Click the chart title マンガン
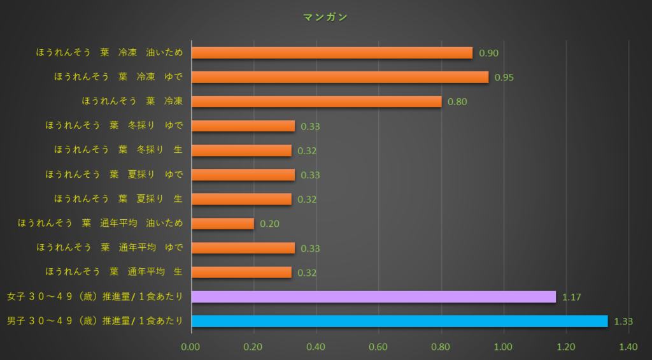[325, 17]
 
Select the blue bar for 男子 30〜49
[399, 321]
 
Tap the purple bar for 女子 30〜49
[373, 297]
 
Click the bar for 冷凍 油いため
[332, 53]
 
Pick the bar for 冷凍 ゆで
[340, 77]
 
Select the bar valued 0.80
[316, 101]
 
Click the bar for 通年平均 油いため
[223, 224]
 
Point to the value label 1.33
[623, 322]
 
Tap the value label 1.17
[571, 298]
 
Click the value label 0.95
[504, 78]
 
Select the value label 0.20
[269, 224]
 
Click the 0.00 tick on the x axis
[191, 347]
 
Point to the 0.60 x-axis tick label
[378, 347]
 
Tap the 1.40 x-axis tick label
[628, 347]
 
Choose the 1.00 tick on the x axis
[503, 347]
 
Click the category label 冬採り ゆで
[114, 126]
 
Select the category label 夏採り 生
[118, 199]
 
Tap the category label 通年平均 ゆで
[110, 248]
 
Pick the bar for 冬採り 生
[241, 150]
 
